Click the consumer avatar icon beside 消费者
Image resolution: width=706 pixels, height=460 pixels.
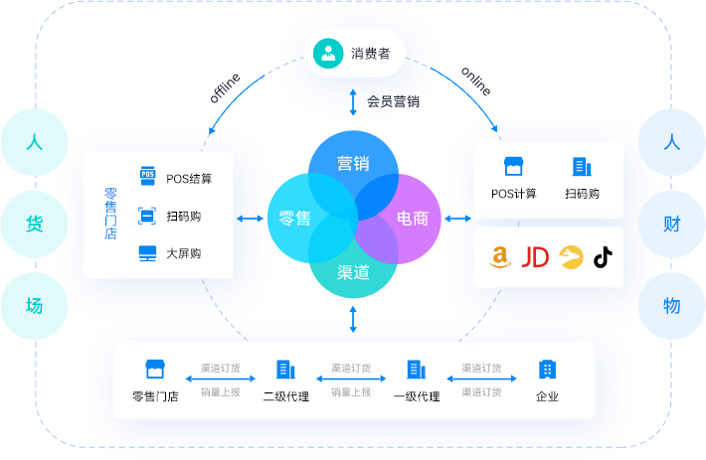click(328, 53)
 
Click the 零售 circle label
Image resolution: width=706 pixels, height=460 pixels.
click(294, 218)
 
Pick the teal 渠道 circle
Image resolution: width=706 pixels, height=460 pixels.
click(353, 271)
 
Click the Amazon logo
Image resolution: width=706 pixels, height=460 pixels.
click(500, 257)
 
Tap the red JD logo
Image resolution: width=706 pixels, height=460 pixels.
click(535, 257)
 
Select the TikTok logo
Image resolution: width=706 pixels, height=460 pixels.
click(603, 257)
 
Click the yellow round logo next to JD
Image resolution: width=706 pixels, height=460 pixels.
click(570, 257)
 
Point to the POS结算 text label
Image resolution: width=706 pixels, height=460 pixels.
click(189, 179)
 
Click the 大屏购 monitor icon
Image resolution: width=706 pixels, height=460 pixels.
click(147, 252)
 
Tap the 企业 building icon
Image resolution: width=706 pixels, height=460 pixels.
click(547, 370)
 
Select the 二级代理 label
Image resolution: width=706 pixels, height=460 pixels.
click(285, 396)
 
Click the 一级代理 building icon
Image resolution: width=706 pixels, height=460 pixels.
click(416, 370)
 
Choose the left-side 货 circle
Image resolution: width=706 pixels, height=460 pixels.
click(34, 224)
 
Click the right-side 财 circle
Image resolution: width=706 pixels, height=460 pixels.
click(671, 224)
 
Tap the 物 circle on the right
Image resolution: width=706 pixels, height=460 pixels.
click(671, 306)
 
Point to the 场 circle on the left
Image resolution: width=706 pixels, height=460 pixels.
click(34, 306)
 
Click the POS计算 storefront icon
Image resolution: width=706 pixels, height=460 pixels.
click(513, 167)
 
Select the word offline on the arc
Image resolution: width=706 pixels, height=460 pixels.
click(225, 87)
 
